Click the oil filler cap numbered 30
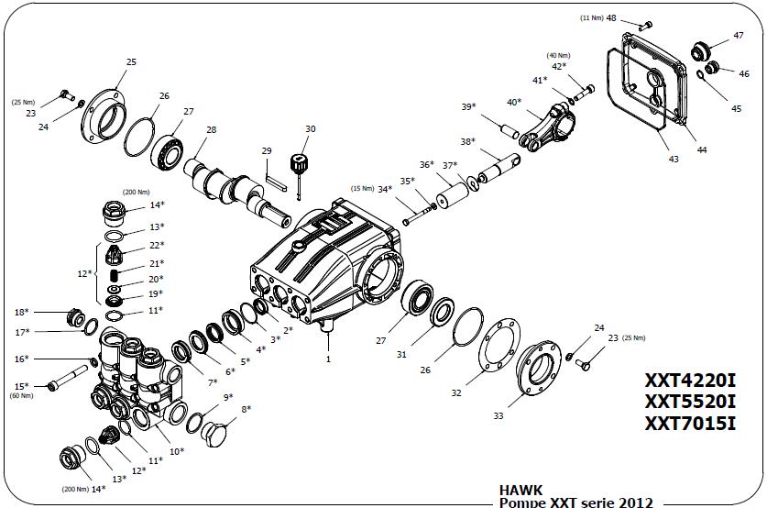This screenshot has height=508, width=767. pos(298,163)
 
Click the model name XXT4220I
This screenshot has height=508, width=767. pos(690,381)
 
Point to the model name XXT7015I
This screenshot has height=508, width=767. pos(690,424)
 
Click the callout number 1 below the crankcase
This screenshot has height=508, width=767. pos(328,359)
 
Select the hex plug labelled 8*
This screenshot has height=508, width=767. pos(214,434)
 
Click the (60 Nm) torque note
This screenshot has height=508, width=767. pos(21,395)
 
